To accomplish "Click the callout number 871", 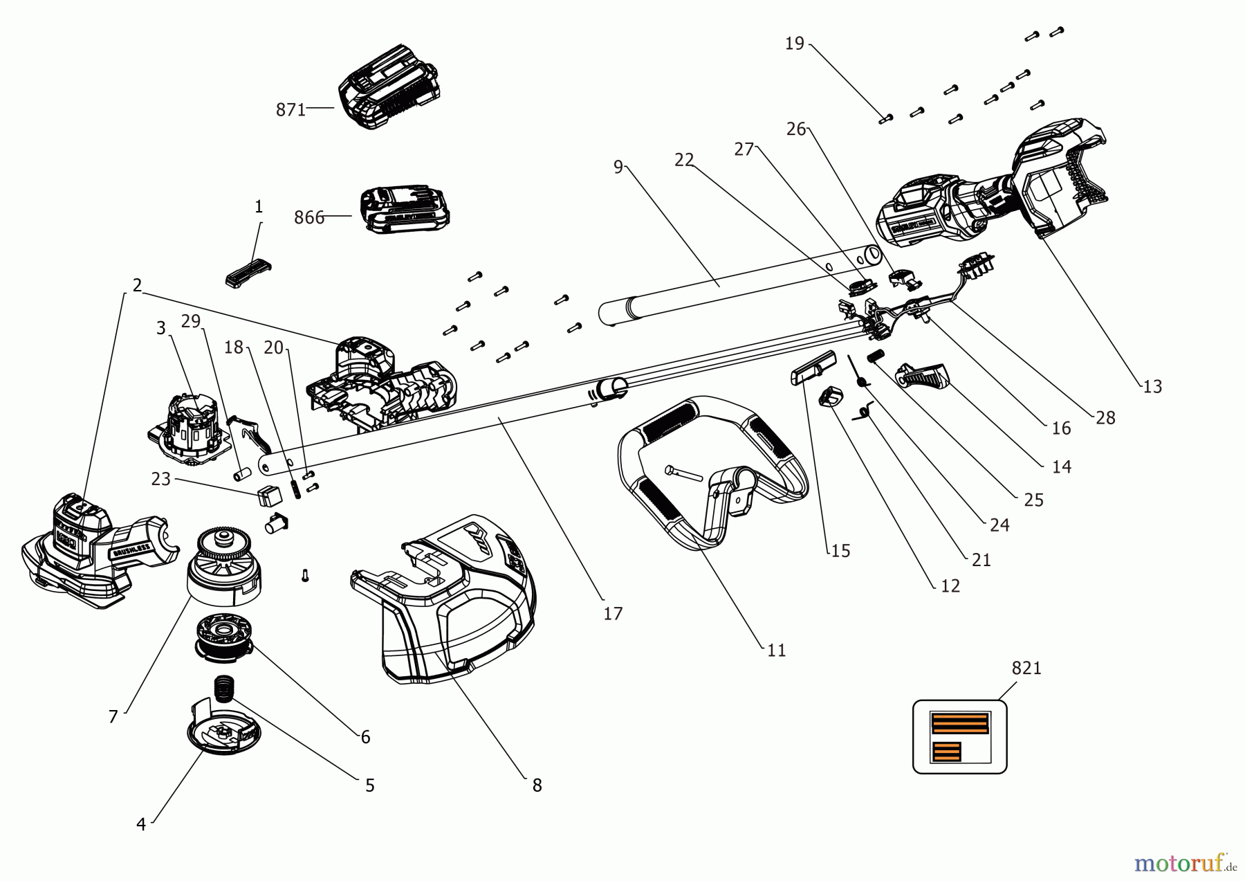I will pyautogui.click(x=290, y=110).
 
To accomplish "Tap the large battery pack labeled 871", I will pyautogui.click(x=389, y=88).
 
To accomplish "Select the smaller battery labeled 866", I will pyautogui.click(x=405, y=209).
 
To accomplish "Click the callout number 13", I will pyautogui.click(x=1152, y=387).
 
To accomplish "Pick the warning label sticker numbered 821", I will pyautogui.click(x=959, y=736).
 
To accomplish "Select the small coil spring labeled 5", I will pyautogui.click(x=223, y=687).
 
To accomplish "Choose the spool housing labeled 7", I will pyautogui.click(x=223, y=567).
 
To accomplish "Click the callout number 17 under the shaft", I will pyautogui.click(x=613, y=614).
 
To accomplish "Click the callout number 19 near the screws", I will pyautogui.click(x=794, y=44).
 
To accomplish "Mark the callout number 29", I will pyautogui.click(x=190, y=321).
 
